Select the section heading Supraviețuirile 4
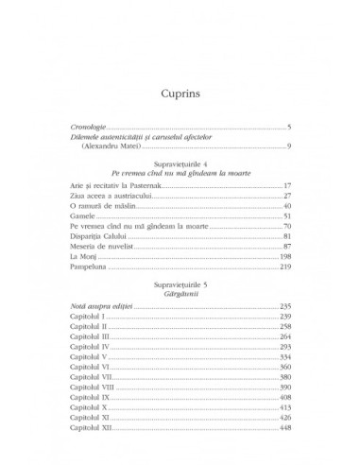[x=180, y=164]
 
